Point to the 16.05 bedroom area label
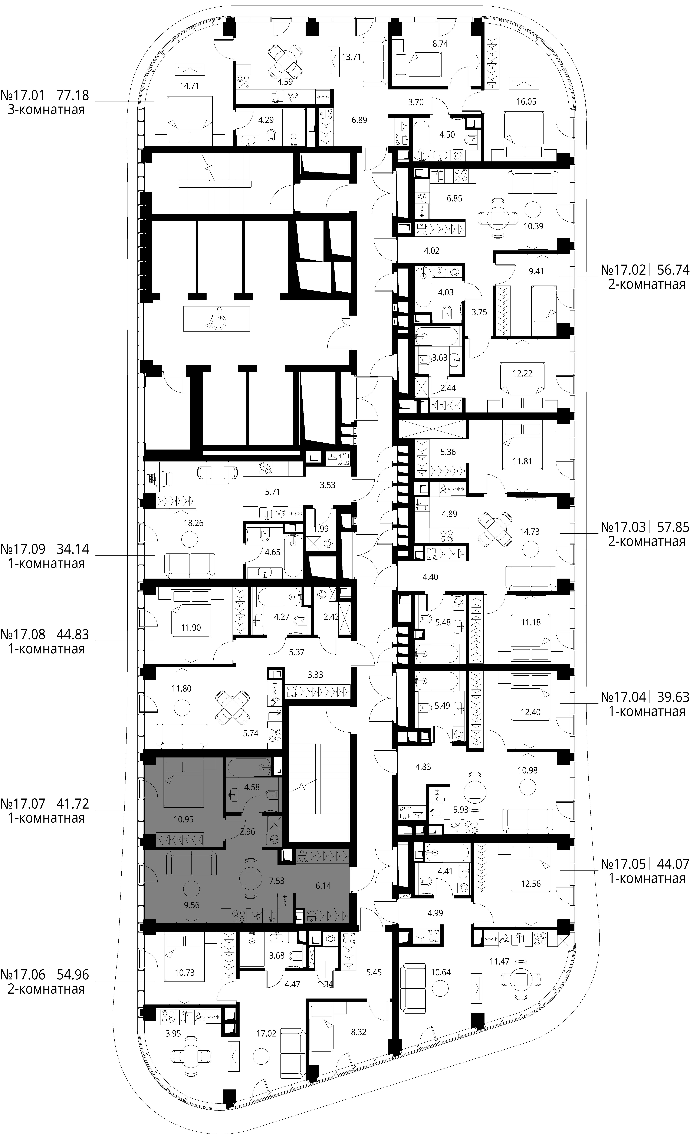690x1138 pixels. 526,102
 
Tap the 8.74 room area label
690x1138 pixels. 439,44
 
